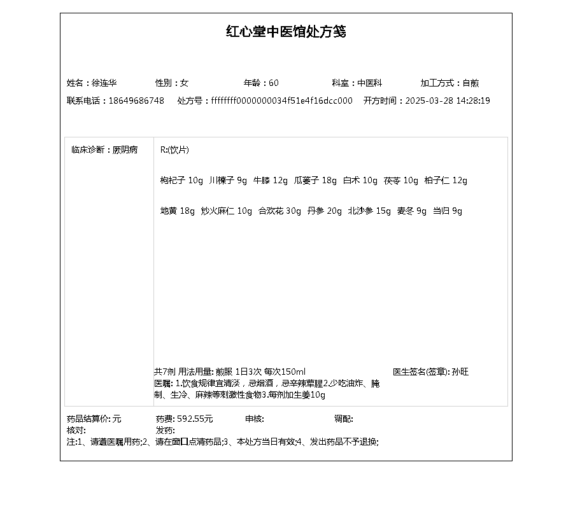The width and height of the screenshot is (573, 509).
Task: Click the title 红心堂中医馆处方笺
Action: point(286,32)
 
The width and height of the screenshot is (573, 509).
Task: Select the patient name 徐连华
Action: point(104,83)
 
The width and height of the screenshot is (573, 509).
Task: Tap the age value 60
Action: point(274,83)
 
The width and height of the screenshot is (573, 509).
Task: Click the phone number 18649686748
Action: point(136,101)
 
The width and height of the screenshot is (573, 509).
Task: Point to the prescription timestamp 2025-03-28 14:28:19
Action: point(448,101)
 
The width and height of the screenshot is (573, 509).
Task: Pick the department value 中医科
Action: point(369,83)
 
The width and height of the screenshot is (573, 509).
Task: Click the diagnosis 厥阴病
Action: point(125,150)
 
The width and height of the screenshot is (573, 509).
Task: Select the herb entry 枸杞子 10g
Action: point(181,181)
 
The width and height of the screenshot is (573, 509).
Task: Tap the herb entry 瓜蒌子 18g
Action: point(315,181)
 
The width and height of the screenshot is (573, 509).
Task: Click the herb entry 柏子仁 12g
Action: point(446,181)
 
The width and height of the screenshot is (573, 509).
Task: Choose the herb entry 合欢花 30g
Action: point(279,211)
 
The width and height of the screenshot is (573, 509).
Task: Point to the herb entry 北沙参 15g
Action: point(369,211)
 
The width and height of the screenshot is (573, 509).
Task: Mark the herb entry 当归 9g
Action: point(448,211)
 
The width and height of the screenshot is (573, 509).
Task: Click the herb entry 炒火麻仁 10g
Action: point(227,211)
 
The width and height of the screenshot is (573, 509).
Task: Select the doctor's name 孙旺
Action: point(460,372)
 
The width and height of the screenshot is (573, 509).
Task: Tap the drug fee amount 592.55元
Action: point(195,419)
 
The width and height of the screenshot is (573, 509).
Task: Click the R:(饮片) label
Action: point(174,150)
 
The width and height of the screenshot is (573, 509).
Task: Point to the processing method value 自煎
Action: point(470,83)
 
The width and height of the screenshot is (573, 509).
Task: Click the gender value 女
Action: point(185,83)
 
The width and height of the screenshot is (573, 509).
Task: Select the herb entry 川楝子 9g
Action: point(228,181)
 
